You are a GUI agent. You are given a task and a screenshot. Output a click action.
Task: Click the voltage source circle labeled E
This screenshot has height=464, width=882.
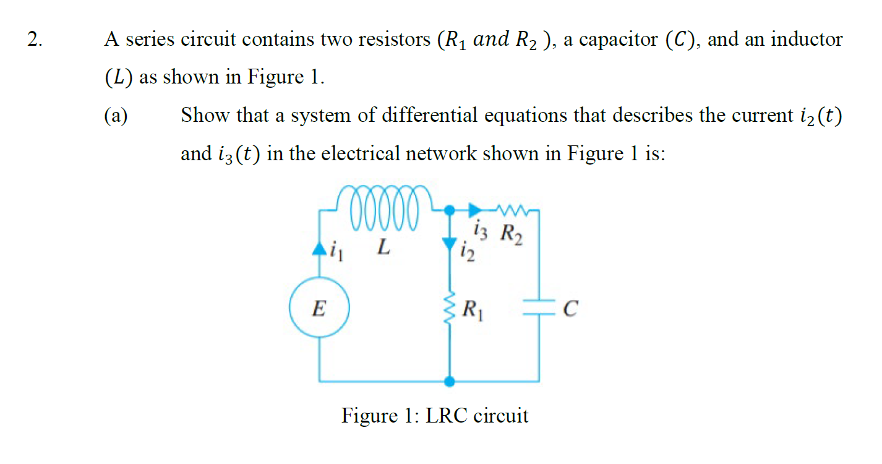[x=319, y=308]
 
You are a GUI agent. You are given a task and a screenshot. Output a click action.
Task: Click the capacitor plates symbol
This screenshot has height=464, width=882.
[x=537, y=308]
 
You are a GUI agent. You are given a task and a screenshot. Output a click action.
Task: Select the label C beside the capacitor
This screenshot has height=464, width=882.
[x=571, y=308]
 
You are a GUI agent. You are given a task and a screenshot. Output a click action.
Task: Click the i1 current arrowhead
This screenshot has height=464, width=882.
[x=319, y=249]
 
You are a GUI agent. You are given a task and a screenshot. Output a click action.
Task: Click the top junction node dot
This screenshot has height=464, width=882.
[x=451, y=211]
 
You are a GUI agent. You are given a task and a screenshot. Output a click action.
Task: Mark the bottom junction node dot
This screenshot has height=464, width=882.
[x=451, y=380]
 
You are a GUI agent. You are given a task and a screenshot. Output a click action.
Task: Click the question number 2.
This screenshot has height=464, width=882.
[x=36, y=40]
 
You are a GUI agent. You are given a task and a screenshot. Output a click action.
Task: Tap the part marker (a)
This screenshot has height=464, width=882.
[x=116, y=116]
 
